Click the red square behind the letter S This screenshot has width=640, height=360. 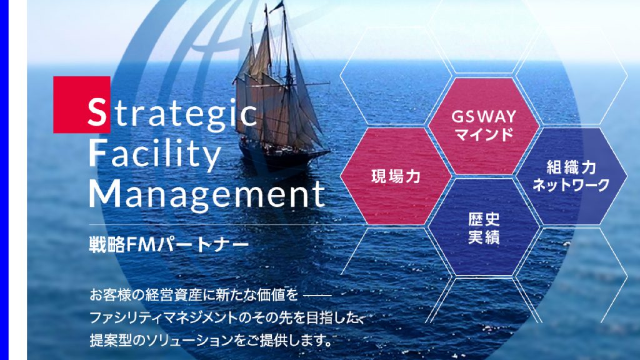pos(82,104)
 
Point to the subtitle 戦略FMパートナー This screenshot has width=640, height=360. pos(169,244)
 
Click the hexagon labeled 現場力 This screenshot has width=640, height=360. pos(396,176)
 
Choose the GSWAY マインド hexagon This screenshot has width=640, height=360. pos(484,126)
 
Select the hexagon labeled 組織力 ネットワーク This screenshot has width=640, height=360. pos(571,176)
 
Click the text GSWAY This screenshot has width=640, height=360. pos(484,117)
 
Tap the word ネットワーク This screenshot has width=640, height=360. pos(571,185)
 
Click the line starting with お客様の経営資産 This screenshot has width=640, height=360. pos(210,295)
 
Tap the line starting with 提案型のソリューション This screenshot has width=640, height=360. pos(210,339)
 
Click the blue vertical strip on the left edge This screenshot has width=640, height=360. pos(4,180)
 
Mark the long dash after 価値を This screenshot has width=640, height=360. pos(317,295)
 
